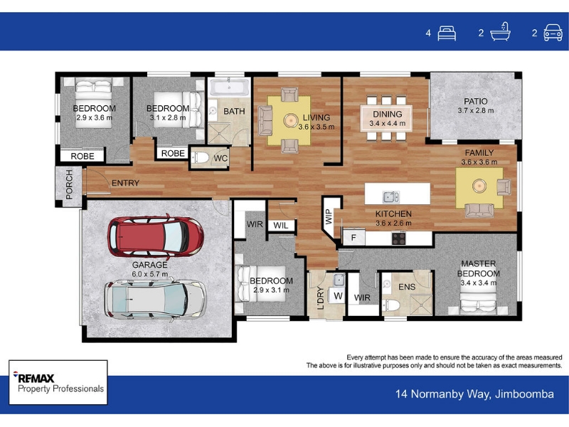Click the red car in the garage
[x=155, y=236]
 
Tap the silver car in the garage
[x=155, y=300]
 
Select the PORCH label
[x=69, y=184]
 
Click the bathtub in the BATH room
[x=230, y=88]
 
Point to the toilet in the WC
[x=200, y=157]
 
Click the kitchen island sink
[x=390, y=197]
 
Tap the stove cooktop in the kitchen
[x=398, y=238]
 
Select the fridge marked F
[x=353, y=238]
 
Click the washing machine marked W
[x=338, y=296]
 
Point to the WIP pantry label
[x=329, y=216]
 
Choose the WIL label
[x=280, y=226]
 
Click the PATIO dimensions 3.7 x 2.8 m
[x=475, y=111]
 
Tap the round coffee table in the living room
[x=290, y=120]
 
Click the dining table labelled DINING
[x=386, y=118]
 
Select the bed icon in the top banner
[x=447, y=33]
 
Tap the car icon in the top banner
[x=553, y=33]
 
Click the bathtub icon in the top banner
[x=500, y=31]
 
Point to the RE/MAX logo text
[x=33, y=378]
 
